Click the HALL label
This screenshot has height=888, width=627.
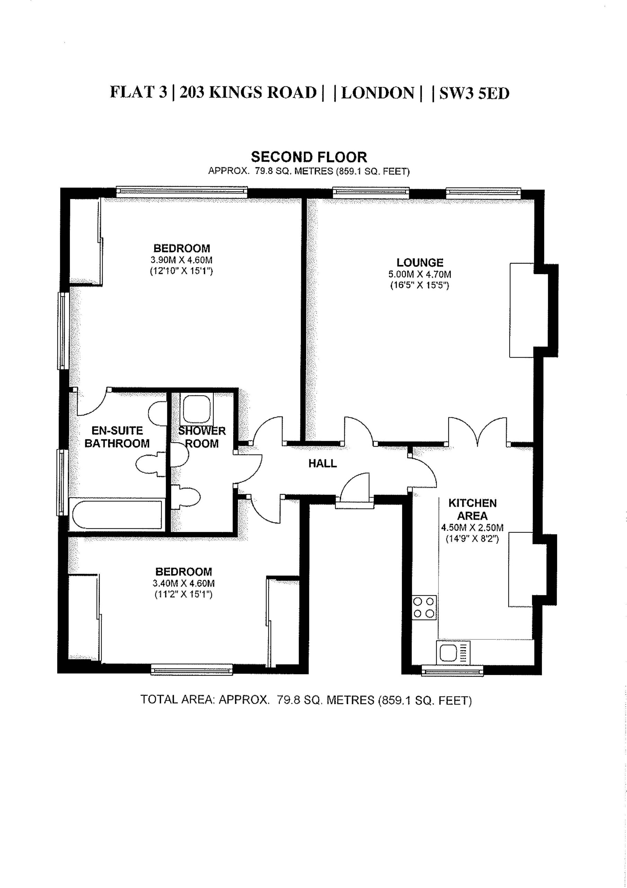(x=322, y=463)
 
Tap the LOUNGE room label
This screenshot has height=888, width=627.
(x=420, y=263)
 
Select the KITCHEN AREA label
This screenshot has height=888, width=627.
(x=473, y=509)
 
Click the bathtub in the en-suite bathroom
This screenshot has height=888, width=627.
(x=116, y=514)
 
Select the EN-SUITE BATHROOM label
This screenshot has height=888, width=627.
(x=117, y=437)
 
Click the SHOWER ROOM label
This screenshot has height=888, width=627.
(x=202, y=437)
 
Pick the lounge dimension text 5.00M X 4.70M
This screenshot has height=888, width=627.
(x=420, y=275)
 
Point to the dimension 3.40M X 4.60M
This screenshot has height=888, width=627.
(x=184, y=583)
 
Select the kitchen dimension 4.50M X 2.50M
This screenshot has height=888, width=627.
(x=473, y=528)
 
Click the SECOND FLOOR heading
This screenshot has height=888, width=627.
(x=309, y=157)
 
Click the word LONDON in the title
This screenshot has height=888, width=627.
(x=378, y=93)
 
